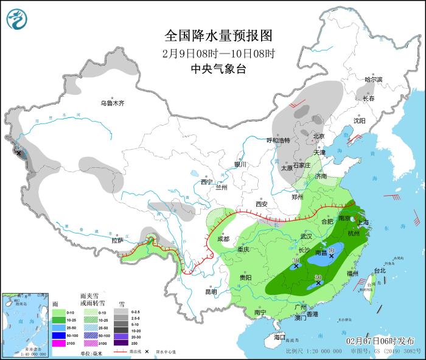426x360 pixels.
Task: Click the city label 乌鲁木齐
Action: click(112, 103)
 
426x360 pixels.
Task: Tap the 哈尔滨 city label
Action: click(373, 80)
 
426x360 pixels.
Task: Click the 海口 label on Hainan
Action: click(279, 337)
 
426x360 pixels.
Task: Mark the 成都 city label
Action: click(225, 239)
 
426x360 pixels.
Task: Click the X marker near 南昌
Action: click(332, 256)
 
